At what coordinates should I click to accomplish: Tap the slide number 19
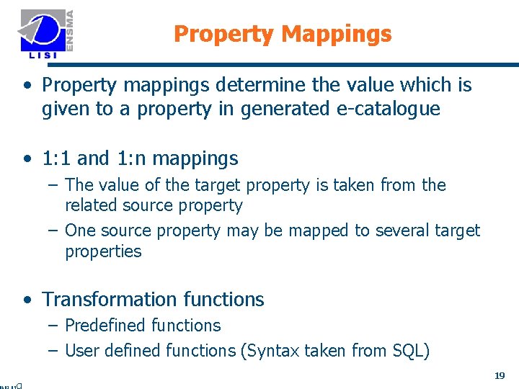click(500, 375)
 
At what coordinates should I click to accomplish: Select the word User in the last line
click(81, 351)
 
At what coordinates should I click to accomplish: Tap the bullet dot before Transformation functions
click(27, 300)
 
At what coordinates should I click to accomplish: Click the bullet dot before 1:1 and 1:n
click(27, 158)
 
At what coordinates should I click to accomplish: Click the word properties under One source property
click(103, 251)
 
